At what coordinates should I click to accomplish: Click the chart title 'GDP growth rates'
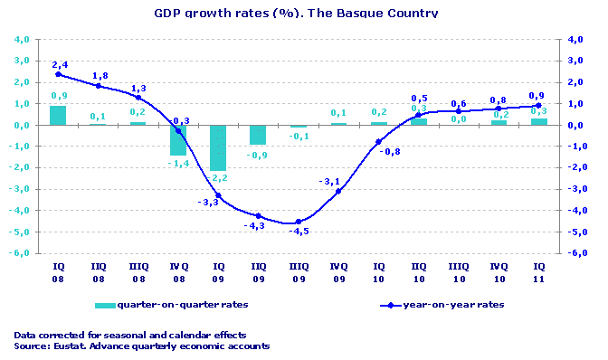pos(295,14)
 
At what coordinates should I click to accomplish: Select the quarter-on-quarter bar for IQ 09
pos(218,148)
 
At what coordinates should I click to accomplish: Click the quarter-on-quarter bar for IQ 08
pos(58,116)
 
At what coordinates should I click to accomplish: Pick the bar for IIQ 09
pos(258,135)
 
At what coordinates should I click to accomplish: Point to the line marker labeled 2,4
pos(58,74)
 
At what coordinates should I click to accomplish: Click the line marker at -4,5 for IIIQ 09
pos(299,223)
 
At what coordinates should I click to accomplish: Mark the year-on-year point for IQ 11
pos(538,106)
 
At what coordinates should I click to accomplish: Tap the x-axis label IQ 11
pos(538,272)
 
